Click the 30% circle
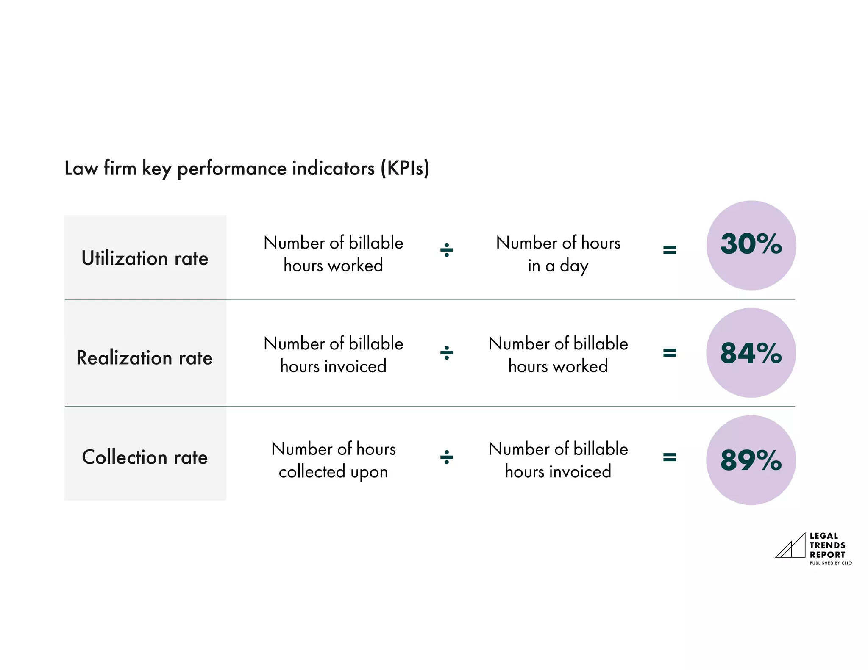[751, 245]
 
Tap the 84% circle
[751, 353]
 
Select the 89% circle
[751, 460]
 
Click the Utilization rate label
[145, 258]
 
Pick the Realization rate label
[145, 358]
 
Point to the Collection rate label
[145, 457]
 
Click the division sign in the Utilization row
[447, 250]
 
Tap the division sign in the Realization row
[447, 353]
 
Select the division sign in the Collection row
[447, 457]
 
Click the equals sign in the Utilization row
[669, 250]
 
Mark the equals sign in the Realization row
[669, 353]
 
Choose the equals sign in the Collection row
[669, 457]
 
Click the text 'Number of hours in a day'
[558, 254]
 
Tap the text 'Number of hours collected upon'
[334, 460]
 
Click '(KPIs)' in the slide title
[405, 169]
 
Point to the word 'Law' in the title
[81, 169]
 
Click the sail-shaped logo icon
[790, 546]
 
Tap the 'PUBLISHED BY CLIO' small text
[830, 563]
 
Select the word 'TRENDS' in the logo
[827, 545]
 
